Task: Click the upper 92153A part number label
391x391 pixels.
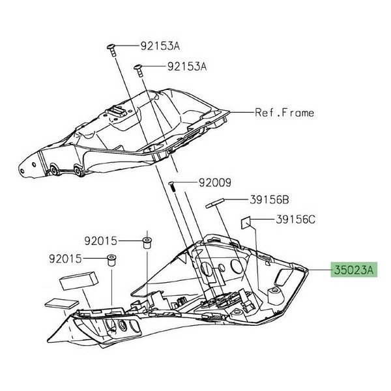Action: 160,46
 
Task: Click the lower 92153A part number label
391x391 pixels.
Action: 187,66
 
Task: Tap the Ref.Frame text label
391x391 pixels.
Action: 285,113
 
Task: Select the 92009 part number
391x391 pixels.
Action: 215,182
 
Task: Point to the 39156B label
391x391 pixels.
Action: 269,200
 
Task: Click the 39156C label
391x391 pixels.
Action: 295,220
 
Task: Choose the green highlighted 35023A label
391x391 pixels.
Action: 354,270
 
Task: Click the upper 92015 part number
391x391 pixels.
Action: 101,241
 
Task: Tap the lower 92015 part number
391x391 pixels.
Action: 66,259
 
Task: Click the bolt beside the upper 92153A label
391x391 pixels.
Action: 111,50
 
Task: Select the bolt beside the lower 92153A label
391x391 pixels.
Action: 139,70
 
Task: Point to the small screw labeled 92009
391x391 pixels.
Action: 172,187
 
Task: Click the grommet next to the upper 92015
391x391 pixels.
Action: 147,243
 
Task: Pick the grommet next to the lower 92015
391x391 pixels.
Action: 112,261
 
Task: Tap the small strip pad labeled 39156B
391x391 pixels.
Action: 215,203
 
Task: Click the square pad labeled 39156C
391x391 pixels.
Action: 246,222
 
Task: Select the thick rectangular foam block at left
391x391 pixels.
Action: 78,280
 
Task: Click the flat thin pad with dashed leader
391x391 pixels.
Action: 62,304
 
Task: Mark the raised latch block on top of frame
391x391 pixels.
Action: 117,111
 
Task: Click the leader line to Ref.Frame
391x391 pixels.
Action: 242,113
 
